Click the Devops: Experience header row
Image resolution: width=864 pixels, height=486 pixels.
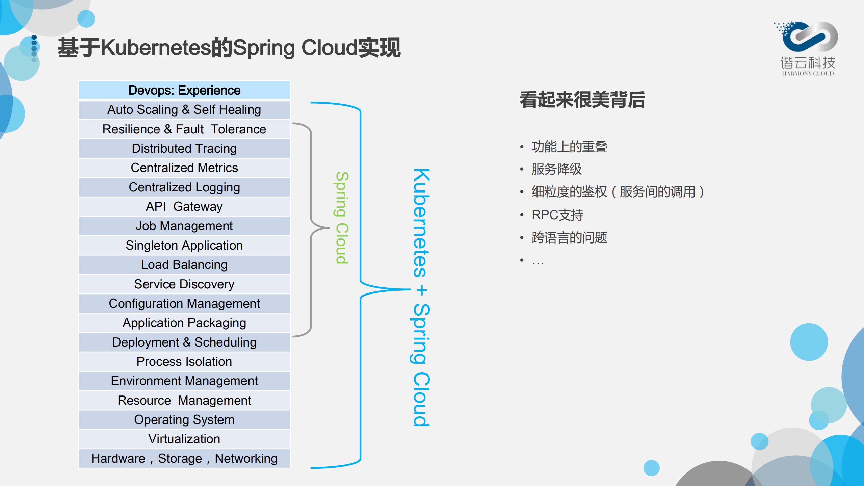(x=184, y=90)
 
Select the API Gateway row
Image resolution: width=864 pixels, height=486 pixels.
(x=184, y=206)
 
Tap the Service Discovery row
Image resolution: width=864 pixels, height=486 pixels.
(x=184, y=284)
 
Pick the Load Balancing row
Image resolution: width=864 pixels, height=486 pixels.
(x=184, y=264)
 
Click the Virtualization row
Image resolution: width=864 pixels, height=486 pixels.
(x=184, y=439)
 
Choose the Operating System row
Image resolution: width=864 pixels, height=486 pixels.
(x=184, y=419)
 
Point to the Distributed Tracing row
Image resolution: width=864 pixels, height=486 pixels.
(x=184, y=148)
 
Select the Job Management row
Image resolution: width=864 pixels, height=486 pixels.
(x=184, y=226)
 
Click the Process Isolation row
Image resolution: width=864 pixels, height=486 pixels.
(x=184, y=361)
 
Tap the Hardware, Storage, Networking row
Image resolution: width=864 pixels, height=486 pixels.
(x=184, y=458)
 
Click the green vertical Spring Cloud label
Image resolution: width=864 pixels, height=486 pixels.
(x=342, y=218)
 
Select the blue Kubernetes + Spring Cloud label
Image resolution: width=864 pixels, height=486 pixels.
(x=421, y=297)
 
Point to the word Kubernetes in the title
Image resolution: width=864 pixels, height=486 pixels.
(x=156, y=48)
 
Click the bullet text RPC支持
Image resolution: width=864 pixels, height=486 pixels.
(x=557, y=215)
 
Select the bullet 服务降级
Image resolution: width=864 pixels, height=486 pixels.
(x=557, y=169)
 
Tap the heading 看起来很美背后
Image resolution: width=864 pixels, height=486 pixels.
(x=582, y=100)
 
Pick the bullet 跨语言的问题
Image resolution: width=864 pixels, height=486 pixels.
(x=569, y=237)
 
